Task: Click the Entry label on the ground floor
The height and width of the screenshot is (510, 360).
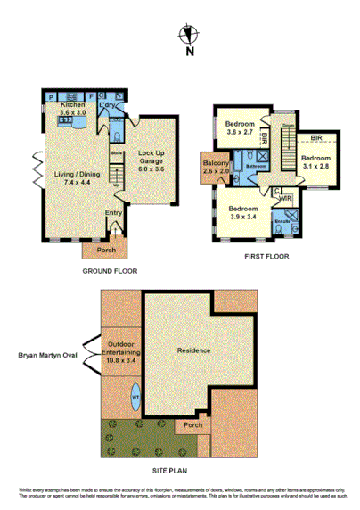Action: pos(113,213)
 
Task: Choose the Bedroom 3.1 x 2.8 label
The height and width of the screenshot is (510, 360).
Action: pos(316,160)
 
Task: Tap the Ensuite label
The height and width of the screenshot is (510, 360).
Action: pos(282,218)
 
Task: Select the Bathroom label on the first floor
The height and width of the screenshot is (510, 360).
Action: pos(258,166)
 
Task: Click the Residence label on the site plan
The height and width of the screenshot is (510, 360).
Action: pos(193,350)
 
